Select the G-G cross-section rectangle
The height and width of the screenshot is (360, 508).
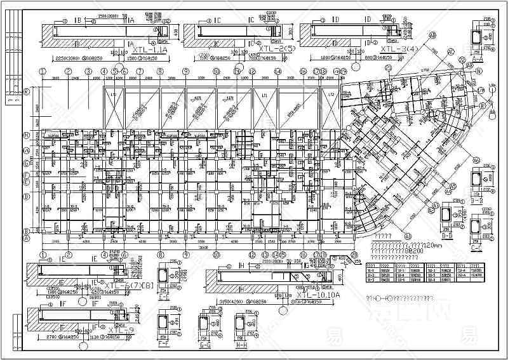[x=205, y=325]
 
